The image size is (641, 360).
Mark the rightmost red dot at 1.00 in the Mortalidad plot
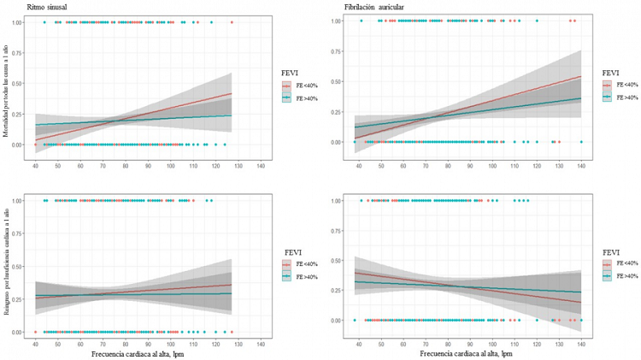232,22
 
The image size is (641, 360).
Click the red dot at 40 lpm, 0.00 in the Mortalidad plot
35,145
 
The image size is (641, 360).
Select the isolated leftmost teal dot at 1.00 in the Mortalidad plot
44,22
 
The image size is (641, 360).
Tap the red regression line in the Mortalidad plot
171,109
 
